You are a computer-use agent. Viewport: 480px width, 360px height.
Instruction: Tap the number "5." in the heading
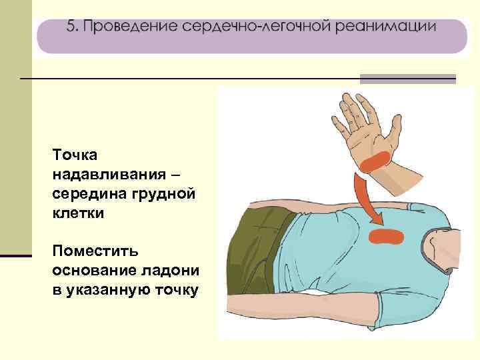coord(73,28)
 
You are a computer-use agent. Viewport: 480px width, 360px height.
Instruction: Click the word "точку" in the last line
coord(175,292)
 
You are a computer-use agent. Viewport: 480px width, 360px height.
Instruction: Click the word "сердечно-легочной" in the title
coord(254,28)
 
